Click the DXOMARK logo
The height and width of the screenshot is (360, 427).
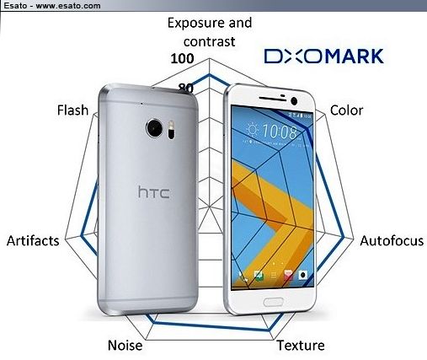(x=323, y=56)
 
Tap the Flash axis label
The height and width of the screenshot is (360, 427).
(x=72, y=110)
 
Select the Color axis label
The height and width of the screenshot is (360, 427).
(x=346, y=110)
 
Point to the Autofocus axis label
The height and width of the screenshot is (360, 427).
(x=392, y=240)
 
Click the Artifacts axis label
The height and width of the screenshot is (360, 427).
(x=33, y=240)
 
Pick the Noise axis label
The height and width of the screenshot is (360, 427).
(x=125, y=345)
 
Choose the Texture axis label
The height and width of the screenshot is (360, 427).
(x=301, y=345)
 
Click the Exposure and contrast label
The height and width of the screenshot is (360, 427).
(x=210, y=32)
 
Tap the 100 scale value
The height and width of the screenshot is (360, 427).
(x=182, y=58)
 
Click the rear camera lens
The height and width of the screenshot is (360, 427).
(x=154, y=128)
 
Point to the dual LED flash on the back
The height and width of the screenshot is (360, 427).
(x=171, y=130)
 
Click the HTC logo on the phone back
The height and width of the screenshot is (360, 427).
(x=154, y=192)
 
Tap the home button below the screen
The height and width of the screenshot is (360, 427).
(x=273, y=302)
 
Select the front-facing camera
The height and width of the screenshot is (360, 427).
(x=294, y=101)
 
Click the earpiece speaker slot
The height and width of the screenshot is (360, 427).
(x=273, y=99)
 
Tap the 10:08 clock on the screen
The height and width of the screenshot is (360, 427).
(x=280, y=132)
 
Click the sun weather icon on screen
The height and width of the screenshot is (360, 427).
(x=252, y=130)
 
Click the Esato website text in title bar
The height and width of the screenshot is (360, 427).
(x=52, y=6)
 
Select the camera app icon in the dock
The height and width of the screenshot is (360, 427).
(x=302, y=275)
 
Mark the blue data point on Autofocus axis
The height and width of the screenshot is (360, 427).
(x=344, y=238)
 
